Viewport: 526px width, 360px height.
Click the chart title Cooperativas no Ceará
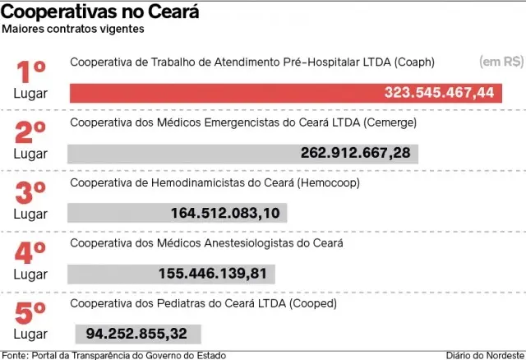tap(99, 12)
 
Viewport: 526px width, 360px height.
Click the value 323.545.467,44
tap(439, 93)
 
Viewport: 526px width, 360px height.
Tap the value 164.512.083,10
tap(225, 213)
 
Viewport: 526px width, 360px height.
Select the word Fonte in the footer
tap(13, 354)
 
